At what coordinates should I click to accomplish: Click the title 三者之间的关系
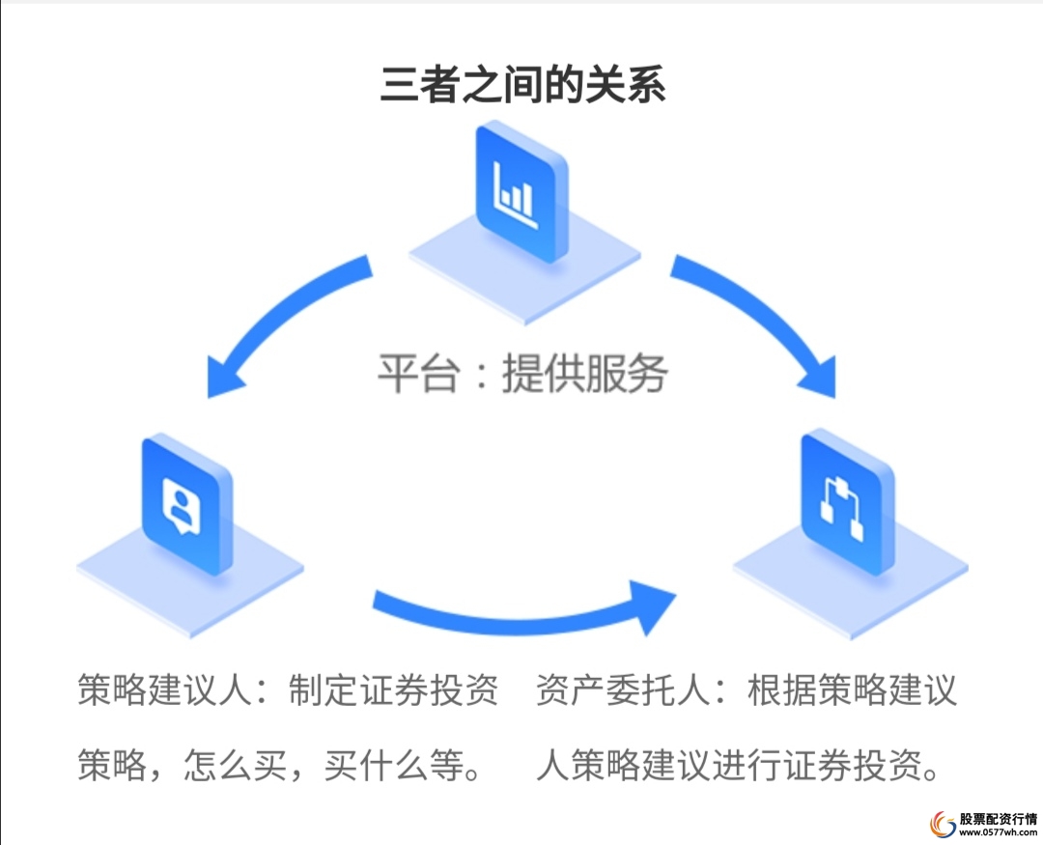pos(522,85)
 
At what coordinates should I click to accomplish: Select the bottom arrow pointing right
pos(521,608)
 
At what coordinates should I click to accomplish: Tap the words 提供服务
pos(584,374)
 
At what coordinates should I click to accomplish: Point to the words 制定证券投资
pos(393,691)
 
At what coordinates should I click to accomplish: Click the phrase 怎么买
pos(228,766)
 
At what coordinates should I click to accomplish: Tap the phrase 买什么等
pos(387,766)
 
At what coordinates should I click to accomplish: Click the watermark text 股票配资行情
pos(996,816)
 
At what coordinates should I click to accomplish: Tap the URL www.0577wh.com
pos(996,831)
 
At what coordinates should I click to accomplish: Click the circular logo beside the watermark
pos(942,823)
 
